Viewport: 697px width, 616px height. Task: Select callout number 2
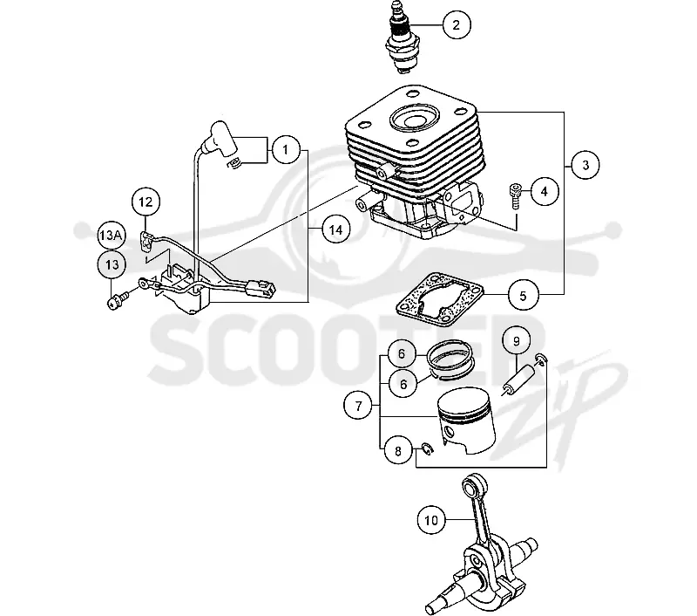pos(456,25)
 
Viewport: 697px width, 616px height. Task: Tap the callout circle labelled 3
pos(585,165)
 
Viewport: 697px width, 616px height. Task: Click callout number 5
pos(523,295)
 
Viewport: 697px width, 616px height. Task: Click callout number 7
pos(358,406)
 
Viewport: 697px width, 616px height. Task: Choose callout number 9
pos(517,341)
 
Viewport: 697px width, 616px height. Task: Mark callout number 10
pos(431,520)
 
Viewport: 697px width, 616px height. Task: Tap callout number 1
pos(286,150)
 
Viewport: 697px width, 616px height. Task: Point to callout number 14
pos(335,229)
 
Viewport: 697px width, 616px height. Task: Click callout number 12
pos(145,202)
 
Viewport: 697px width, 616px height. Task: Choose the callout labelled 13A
pos(111,235)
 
